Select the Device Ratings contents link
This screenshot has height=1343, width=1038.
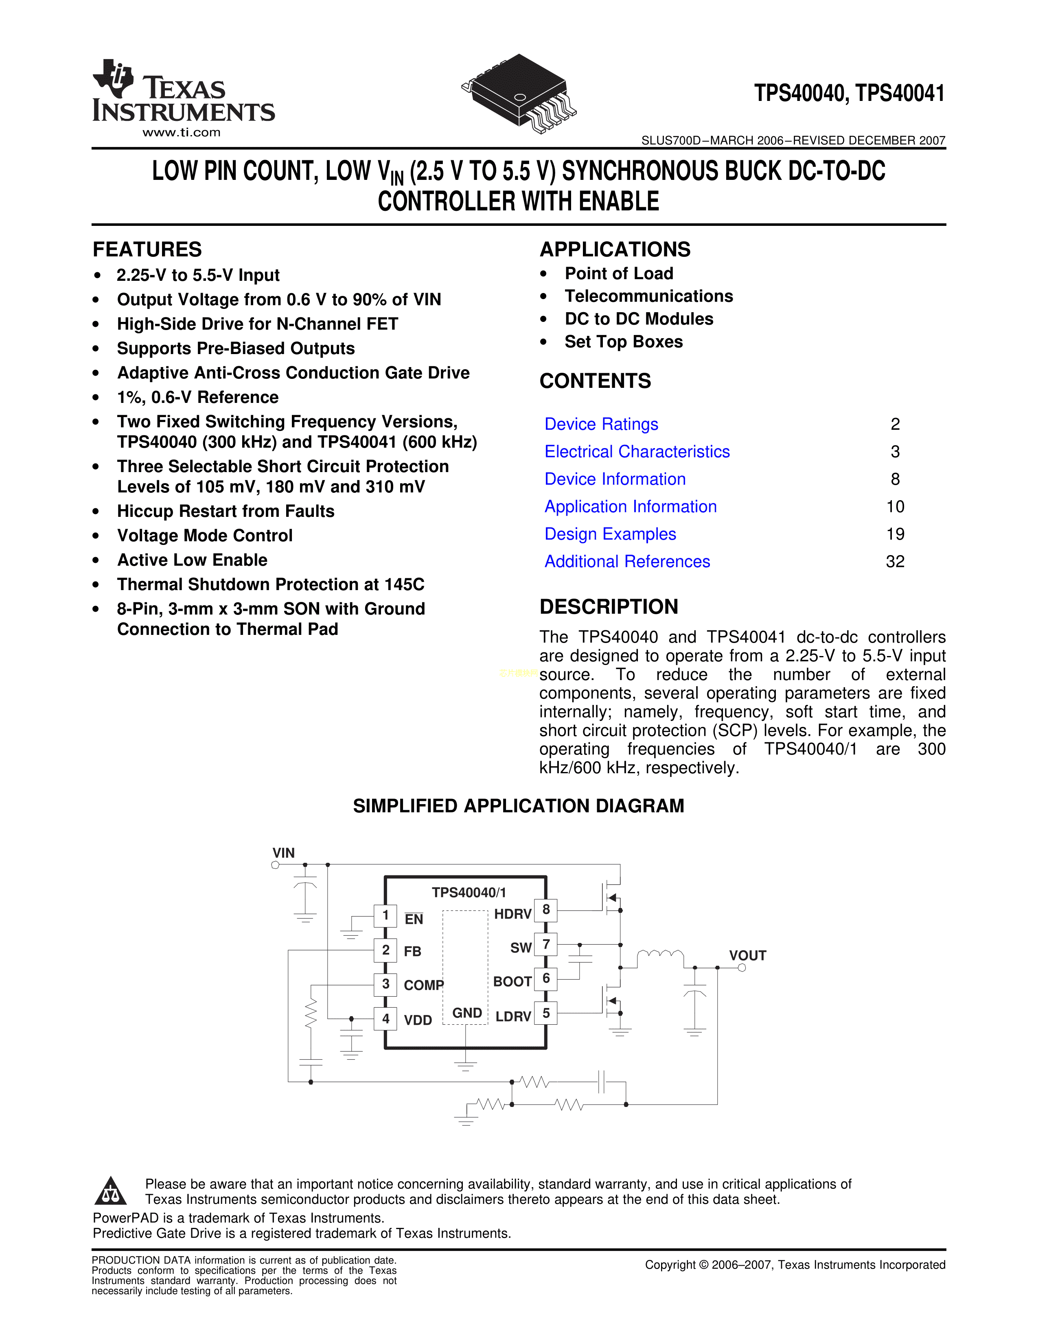(x=601, y=424)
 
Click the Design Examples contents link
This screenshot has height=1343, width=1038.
(x=610, y=534)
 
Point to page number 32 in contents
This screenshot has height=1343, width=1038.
(x=895, y=562)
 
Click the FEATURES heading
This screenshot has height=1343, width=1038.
(x=147, y=249)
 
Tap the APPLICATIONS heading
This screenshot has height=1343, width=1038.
(x=615, y=249)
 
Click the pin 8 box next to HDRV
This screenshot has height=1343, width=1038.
(x=546, y=910)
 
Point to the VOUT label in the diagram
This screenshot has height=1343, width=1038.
(x=747, y=956)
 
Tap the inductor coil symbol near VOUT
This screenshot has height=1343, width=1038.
(x=660, y=955)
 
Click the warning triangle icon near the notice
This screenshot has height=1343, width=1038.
(x=111, y=1192)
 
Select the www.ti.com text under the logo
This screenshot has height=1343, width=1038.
(x=182, y=133)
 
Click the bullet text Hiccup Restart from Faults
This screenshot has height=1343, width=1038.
(x=226, y=512)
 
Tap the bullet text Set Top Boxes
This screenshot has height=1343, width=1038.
(x=624, y=342)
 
